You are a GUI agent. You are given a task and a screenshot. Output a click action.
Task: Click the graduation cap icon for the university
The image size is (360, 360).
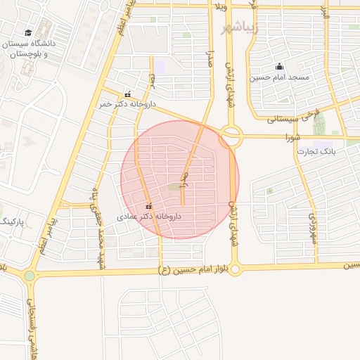coord(28,32)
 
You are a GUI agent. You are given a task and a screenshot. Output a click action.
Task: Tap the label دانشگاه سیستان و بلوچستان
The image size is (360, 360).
coord(29,48)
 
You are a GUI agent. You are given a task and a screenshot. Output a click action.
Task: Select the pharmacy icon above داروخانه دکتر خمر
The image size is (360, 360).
coord(127,94)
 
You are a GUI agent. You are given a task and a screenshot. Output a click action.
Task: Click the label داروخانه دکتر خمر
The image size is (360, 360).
coord(127,103)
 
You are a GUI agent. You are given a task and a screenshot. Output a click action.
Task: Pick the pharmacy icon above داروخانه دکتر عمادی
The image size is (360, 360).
coord(148,206)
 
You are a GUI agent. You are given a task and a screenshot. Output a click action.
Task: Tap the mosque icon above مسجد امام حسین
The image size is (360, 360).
coord(279,67)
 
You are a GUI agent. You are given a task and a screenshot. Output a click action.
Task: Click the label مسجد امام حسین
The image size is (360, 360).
coord(280,77)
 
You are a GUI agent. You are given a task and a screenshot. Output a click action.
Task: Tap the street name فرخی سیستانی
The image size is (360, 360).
coord(289,117)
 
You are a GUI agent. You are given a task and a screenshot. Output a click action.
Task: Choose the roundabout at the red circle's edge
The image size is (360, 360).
coord(230,136)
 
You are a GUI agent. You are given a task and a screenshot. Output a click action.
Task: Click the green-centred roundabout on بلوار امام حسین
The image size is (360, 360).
coord(29,276)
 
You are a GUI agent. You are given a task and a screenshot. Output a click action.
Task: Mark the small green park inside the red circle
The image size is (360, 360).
coord(172,187)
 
